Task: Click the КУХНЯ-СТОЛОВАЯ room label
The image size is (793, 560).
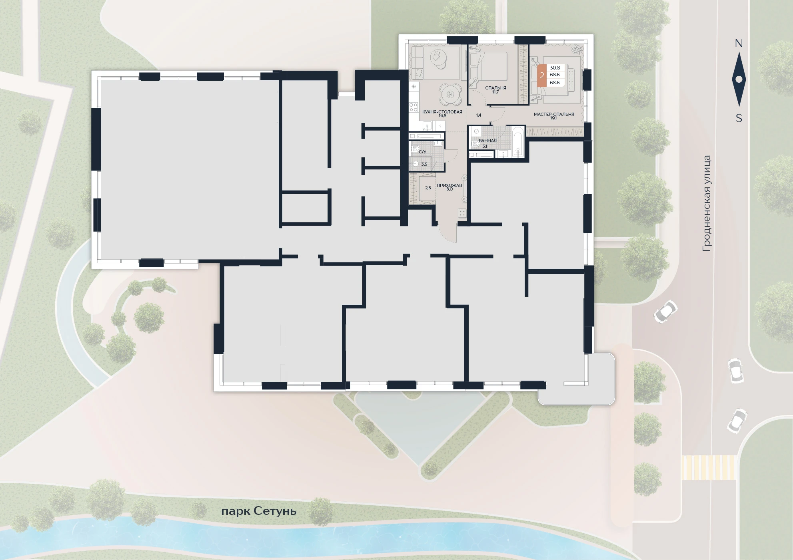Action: pos(442,112)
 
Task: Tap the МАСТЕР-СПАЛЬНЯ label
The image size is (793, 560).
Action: pos(554,114)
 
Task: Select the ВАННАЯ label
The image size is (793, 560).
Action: pos(487,141)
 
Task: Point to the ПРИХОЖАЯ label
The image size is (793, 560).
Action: pos(449,185)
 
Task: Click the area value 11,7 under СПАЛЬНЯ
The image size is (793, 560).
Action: pos(495,92)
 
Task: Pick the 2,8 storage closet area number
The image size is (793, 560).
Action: pos(428,188)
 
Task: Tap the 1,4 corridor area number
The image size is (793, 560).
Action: pos(479,115)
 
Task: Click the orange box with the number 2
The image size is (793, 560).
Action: pos(541,75)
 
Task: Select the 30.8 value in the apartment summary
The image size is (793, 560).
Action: pos(555,68)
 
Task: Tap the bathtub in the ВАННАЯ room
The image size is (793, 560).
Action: pos(518,142)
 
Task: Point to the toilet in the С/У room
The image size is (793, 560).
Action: pos(415,149)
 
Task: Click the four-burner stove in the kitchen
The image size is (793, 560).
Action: pos(413,107)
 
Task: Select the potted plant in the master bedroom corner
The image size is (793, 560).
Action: pos(577,49)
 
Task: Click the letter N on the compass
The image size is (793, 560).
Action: pos(739,44)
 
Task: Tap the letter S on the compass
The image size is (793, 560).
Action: pos(739,118)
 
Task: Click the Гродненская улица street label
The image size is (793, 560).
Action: pos(707,203)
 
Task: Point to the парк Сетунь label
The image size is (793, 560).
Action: pos(259,511)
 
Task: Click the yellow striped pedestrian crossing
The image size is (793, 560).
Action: pos(709,467)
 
